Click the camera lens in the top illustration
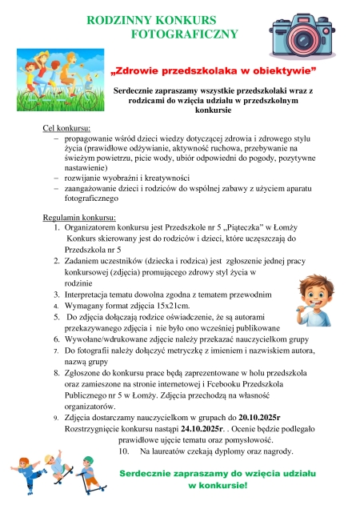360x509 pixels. pyautogui.click(x=306, y=37)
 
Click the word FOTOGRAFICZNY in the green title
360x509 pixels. pyautogui.click(x=185, y=34)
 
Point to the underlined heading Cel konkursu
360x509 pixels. pyautogui.click(x=66, y=128)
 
